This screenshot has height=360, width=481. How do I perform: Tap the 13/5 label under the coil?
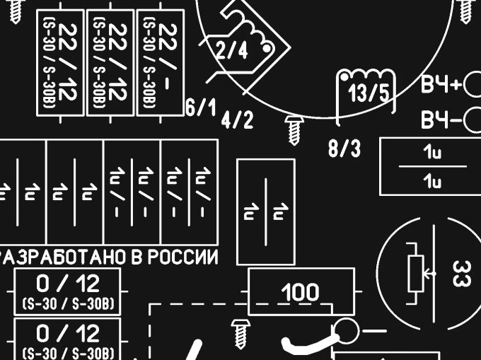coord(369,93)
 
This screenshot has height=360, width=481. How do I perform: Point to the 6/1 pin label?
coord(201,108)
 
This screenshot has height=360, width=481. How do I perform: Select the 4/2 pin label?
coord(237,120)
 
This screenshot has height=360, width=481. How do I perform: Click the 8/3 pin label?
coord(344,149)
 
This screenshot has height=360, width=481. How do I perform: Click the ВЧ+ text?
coord(441,87)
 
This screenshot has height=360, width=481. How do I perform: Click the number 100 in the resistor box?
coord(301,291)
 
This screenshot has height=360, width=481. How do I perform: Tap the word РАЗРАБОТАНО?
coord(64,257)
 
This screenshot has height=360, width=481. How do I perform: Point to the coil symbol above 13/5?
coord(365,76)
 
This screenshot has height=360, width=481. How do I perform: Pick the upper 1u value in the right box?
coord(431,153)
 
